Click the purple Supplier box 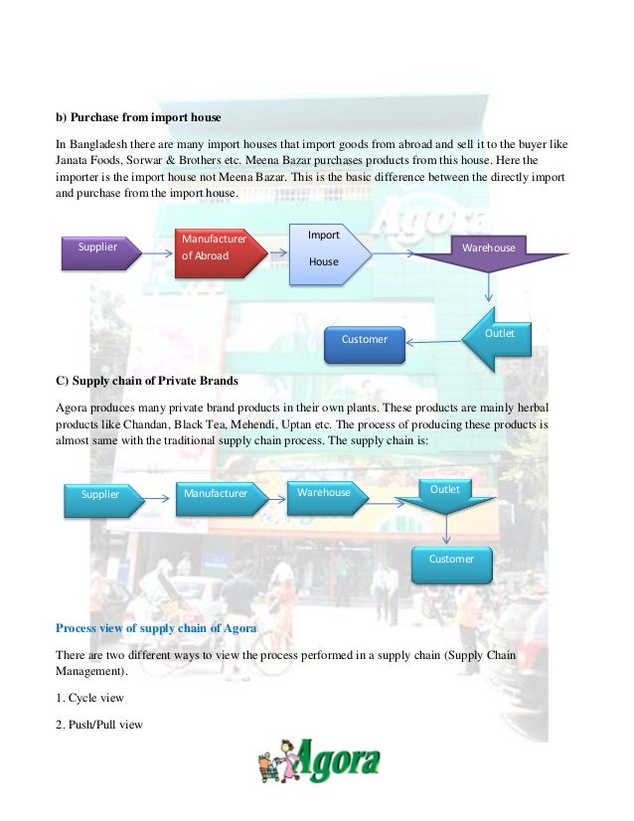coord(97,247)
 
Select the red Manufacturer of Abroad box coord(214,248)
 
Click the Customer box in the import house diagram coord(365,341)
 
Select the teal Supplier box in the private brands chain coord(99,494)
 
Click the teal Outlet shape coord(446,493)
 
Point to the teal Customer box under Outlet coord(451,561)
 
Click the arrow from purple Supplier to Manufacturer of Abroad coord(154,246)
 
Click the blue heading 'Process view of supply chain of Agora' coord(156,628)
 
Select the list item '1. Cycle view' coord(89,698)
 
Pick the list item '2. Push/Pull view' coord(99,724)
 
